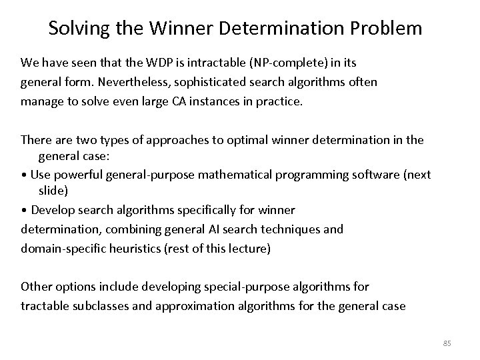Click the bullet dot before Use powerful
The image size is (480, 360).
click(23, 175)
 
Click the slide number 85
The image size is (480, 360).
click(447, 343)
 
